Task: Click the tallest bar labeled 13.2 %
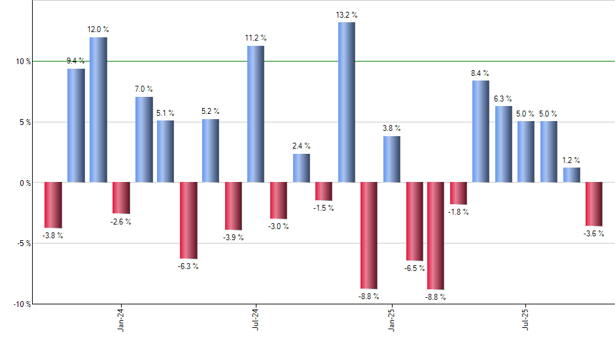[347, 102]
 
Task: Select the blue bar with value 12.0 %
[98, 110]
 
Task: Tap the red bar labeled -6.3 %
[188, 221]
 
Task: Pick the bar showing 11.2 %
[256, 114]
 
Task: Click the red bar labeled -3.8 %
[53, 205]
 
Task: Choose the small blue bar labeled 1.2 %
[572, 175]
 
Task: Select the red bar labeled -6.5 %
[415, 221]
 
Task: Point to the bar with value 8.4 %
[481, 132]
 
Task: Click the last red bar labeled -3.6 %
[594, 204]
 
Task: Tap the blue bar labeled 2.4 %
[302, 168]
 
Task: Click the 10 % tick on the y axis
[23, 62]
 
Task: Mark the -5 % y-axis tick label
[23, 243]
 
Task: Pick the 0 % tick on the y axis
[25, 183]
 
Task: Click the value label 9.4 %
[76, 61]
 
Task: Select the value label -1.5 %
[323, 208]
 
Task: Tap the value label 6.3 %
[503, 99]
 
